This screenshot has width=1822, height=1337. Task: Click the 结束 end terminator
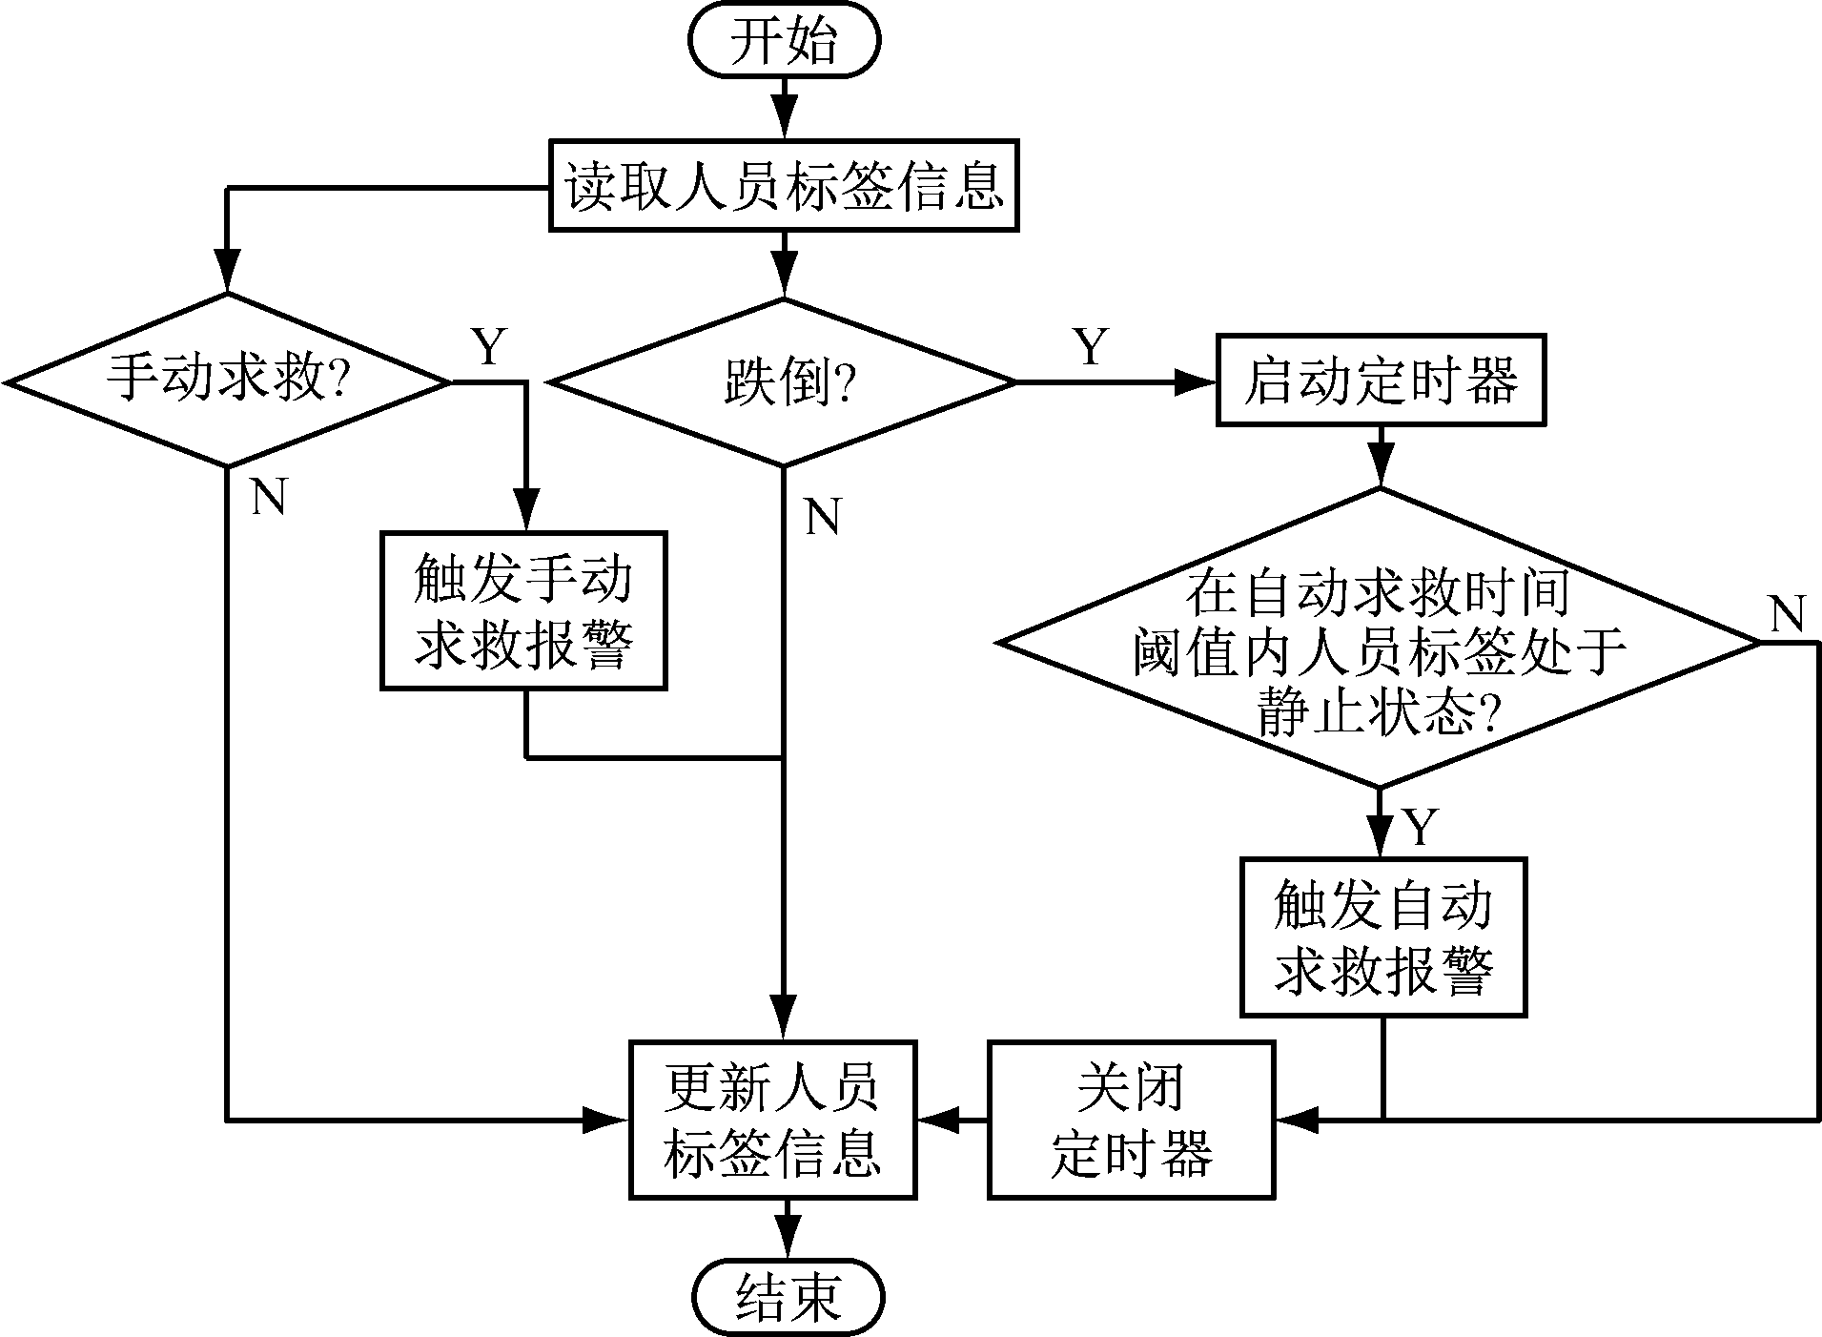[788, 1297]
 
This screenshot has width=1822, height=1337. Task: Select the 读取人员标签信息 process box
[784, 185]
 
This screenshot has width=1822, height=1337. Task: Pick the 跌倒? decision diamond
[784, 383]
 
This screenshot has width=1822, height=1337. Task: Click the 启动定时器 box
[1380, 381]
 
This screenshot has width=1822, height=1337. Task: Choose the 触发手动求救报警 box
[523, 611]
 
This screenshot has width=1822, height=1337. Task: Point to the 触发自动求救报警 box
[1383, 936]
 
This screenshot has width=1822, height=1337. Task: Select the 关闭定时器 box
[1131, 1120]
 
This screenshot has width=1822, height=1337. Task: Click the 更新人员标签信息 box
[772, 1120]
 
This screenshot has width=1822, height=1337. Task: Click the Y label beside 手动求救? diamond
[489, 348]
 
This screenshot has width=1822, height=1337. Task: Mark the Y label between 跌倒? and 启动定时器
[1091, 348]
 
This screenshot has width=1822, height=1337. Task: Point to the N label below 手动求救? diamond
[269, 497]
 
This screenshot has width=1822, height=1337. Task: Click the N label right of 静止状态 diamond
[1788, 615]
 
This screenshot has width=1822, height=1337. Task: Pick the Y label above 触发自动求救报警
[1421, 827]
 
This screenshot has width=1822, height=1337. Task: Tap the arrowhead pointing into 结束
[788, 1244]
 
